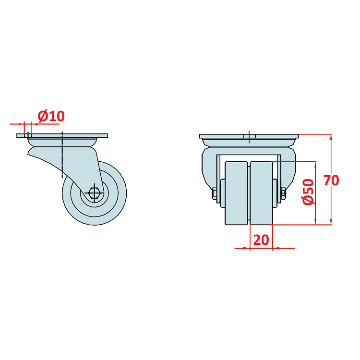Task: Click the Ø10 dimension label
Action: [x=51, y=116]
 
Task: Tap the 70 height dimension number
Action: [x=331, y=180]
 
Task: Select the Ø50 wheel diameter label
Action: [x=308, y=192]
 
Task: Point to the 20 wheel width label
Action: [x=261, y=240]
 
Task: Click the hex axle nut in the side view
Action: [x=94, y=193]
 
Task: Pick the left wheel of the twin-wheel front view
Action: [x=236, y=193]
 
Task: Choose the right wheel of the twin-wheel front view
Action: [x=261, y=193]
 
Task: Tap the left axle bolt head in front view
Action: [x=214, y=193]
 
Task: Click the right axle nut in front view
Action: [x=283, y=193]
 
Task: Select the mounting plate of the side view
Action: [x=62, y=136]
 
